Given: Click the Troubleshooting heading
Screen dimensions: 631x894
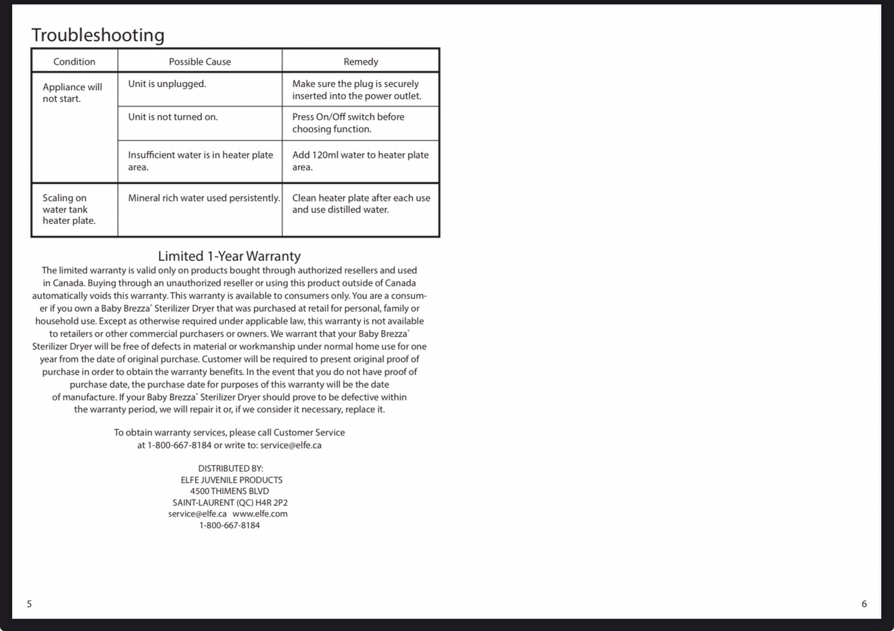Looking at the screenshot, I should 98,35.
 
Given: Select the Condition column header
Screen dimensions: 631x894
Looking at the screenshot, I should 74,61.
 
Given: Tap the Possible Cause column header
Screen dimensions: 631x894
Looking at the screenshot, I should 199,61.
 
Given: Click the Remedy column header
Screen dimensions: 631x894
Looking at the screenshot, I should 360,61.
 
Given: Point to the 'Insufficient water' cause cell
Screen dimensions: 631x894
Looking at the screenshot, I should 200,161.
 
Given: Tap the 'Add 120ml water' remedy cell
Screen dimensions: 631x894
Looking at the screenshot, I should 360,161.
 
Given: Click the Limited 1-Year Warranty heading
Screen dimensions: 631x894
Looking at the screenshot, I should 229,256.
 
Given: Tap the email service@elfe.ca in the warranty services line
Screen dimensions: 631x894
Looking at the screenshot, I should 291,445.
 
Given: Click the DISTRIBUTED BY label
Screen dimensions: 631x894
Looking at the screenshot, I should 230,468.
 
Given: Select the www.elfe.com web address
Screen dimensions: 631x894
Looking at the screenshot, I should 260,514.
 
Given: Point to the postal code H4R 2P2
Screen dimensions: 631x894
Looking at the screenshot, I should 272,503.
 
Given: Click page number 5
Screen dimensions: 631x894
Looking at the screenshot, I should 30,604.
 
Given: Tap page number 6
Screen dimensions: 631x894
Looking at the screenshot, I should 864,604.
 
